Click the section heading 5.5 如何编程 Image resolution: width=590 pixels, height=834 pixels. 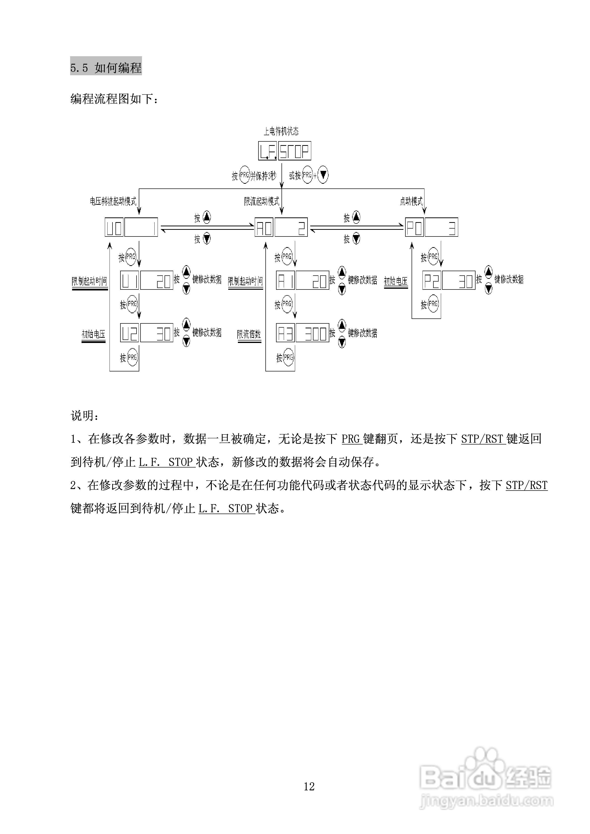(106, 67)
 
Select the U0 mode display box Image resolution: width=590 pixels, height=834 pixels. (131, 227)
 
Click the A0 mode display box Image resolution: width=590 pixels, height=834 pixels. (281, 227)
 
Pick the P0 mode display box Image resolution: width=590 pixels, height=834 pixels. (431, 227)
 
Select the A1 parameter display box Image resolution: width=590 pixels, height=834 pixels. (303, 280)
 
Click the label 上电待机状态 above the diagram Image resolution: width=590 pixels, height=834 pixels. (281, 131)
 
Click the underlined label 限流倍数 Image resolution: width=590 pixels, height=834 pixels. (249, 334)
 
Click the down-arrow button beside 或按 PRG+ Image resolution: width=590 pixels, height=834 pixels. (323, 175)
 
